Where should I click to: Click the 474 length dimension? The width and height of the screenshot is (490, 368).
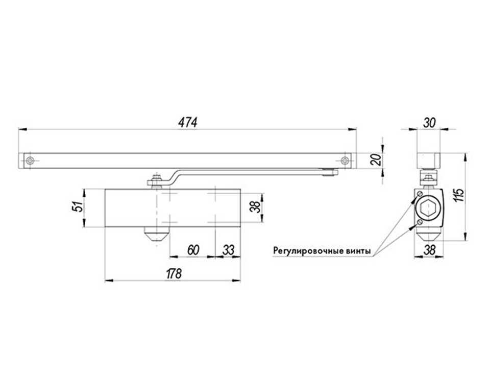pyautogui.click(x=187, y=122)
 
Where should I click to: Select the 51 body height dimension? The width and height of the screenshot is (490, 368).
pyautogui.click(x=79, y=206)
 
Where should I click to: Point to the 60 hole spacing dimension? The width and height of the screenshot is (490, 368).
pyautogui.click(x=193, y=250)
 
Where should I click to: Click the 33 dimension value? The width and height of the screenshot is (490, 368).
pyautogui.click(x=228, y=250)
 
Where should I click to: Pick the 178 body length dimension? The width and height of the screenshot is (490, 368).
pyautogui.click(x=174, y=274)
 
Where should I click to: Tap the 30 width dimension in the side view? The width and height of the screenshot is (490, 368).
pyautogui.click(x=429, y=123)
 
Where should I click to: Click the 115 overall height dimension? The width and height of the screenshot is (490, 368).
pyautogui.click(x=460, y=195)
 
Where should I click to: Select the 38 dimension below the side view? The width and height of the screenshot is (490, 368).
pyautogui.click(x=429, y=250)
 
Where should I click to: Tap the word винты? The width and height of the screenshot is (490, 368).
pyautogui.click(x=359, y=251)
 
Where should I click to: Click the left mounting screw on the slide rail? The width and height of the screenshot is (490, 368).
pyautogui.click(x=30, y=161)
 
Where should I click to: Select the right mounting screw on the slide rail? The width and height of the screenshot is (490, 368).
pyautogui.click(x=345, y=161)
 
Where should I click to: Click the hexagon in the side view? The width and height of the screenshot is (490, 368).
pyautogui.click(x=428, y=208)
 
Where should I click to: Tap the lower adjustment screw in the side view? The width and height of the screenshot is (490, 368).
pyautogui.click(x=420, y=222)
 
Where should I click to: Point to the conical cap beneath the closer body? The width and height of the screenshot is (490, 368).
pyautogui.click(x=156, y=235)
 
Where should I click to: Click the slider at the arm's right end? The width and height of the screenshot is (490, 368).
pyautogui.click(x=331, y=172)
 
